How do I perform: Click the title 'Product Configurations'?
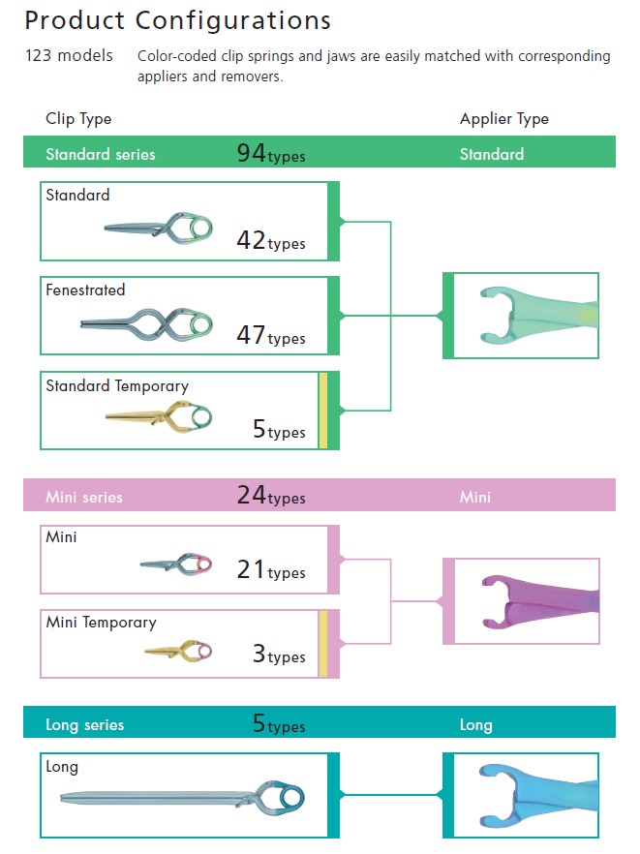pyautogui.click(x=177, y=20)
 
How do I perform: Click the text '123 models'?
pyautogui.click(x=69, y=56)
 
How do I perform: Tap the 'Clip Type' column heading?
pyautogui.click(x=78, y=119)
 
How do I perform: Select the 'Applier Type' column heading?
pyautogui.click(x=503, y=119)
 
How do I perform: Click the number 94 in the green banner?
pyautogui.click(x=251, y=152)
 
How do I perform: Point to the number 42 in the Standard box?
pyautogui.click(x=251, y=241)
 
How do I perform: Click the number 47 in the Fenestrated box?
pyautogui.click(x=251, y=335)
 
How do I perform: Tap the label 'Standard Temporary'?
pyautogui.click(x=117, y=385)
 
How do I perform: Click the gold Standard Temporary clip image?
pyautogui.click(x=161, y=417)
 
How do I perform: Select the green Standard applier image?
pyautogui.click(x=528, y=316)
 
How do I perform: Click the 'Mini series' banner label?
pyautogui.click(x=84, y=497)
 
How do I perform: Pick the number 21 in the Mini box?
pyautogui.click(x=251, y=569)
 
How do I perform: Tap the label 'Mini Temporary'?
pyautogui.click(x=101, y=623)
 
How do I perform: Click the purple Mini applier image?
pyautogui.click(x=528, y=601)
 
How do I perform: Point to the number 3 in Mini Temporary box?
pyautogui.click(x=259, y=654)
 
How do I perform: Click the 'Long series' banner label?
pyautogui.click(x=85, y=724)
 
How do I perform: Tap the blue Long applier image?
pyautogui.click(x=528, y=794)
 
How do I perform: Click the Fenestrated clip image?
pyautogui.click(x=147, y=321)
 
